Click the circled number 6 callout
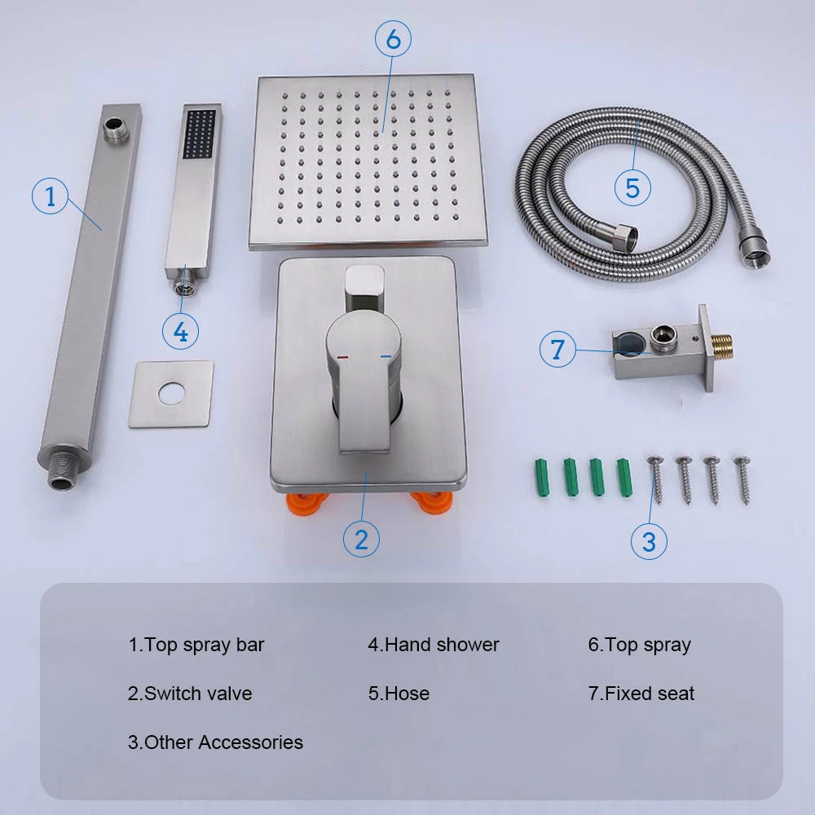point(394,38)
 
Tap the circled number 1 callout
point(50,196)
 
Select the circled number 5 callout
point(632,187)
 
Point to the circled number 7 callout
point(557,349)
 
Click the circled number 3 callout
point(649,541)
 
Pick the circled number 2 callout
point(361,539)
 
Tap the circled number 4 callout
point(180,331)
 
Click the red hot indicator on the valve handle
point(343,358)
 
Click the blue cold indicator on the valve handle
point(385,357)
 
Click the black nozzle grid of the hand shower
point(200,134)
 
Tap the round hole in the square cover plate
point(171,394)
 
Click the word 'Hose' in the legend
point(407,694)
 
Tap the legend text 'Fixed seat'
point(650,694)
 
